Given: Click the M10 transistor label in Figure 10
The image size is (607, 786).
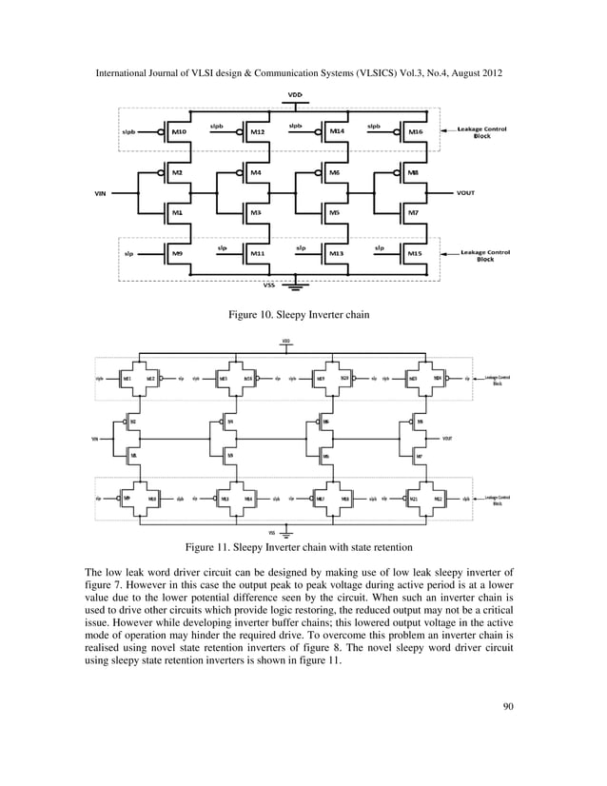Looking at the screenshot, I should [179, 132].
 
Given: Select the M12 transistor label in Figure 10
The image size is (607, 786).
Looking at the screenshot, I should [257, 132].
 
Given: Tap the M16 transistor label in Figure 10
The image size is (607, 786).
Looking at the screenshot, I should [414, 132].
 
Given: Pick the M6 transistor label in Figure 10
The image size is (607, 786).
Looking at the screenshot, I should [334, 172].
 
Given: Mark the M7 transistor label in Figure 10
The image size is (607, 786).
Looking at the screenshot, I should [412, 213].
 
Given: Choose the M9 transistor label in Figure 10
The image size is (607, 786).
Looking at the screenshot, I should [178, 254].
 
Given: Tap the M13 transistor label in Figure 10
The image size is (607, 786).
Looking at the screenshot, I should [336, 254].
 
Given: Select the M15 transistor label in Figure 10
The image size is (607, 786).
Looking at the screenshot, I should [414, 254].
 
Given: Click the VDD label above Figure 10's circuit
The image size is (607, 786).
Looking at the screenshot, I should [296, 93].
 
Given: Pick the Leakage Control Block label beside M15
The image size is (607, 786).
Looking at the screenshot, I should [485, 255].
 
